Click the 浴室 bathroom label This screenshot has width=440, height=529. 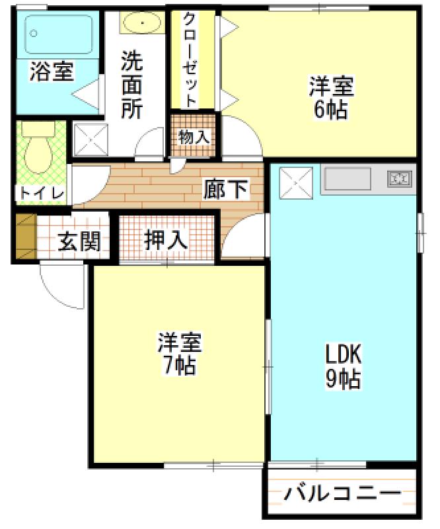point(52,71)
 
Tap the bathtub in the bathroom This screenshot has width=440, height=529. point(58,34)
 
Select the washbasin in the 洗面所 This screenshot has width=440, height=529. point(142,23)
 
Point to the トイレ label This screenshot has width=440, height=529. point(42,194)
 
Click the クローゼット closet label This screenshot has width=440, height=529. point(189,60)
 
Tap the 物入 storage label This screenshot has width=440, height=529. point(194,137)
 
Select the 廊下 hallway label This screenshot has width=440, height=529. point(225,189)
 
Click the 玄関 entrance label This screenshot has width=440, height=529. point(79,241)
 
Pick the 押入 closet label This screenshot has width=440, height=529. point(165,240)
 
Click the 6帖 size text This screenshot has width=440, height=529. point(330,110)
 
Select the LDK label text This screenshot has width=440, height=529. point(343,354)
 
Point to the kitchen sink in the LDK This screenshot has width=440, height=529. point(348,179)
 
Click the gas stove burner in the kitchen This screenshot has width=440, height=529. point(400,179)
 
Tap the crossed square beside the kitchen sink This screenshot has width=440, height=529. point(296,183)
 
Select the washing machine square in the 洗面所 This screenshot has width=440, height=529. point(91,140)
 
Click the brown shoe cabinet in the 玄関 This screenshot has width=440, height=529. point(26,236)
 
